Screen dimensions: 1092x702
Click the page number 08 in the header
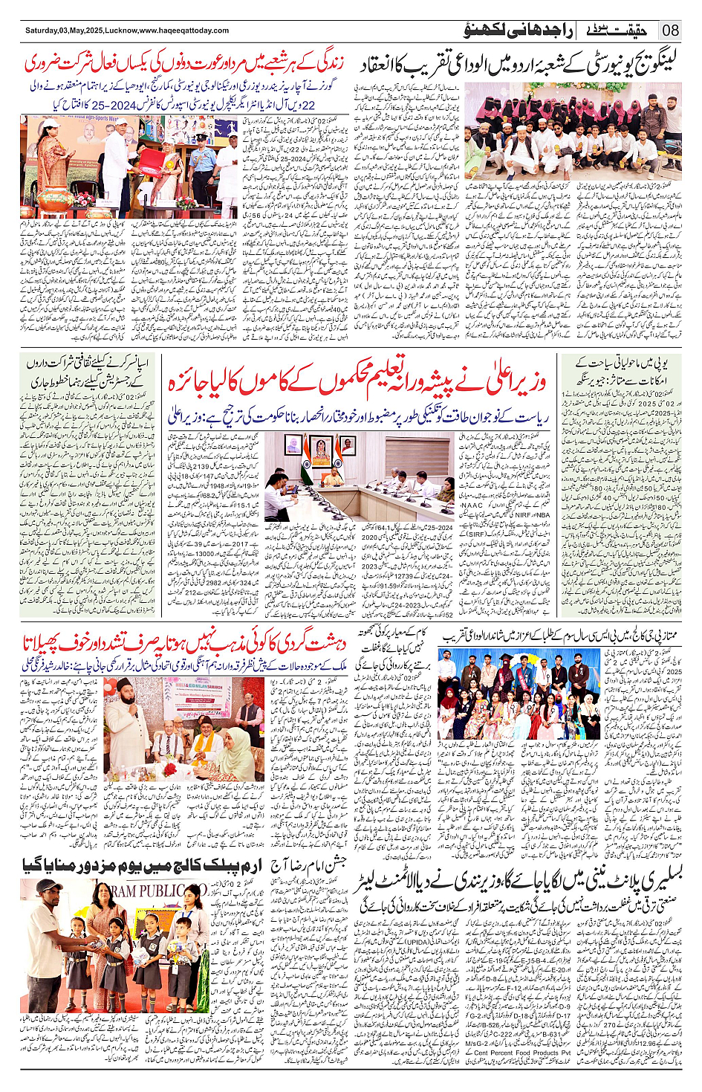click(x=671, y=30)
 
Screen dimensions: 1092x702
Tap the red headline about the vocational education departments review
click(x=357, y=383)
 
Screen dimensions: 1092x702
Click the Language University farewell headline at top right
click(x=520, y=66)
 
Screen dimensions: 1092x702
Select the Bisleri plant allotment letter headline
click(x=520, y=882)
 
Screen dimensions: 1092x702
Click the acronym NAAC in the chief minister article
click(x=472, y=505)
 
